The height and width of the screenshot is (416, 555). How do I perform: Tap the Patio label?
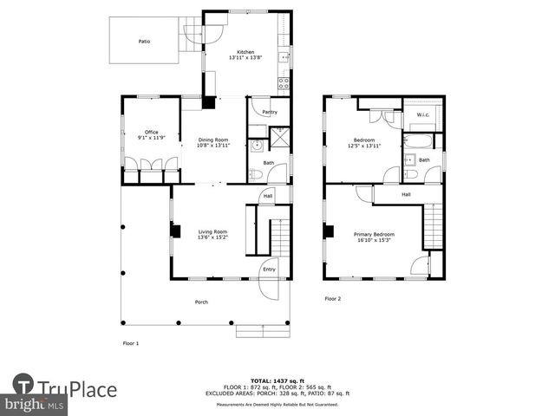[x=144, y=41]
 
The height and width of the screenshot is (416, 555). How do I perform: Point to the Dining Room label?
[x=213, y=143]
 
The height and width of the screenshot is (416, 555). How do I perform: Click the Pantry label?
[x=270, y=112]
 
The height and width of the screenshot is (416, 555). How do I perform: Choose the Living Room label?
[x=212, y=234]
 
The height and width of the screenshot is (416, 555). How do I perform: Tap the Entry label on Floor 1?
[x=269, y=269]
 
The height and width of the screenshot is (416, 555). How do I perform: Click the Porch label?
[x=201, y=302]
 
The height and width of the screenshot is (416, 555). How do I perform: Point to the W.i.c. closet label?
[x=423, y=114]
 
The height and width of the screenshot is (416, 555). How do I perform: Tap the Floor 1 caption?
[x=130, y=343]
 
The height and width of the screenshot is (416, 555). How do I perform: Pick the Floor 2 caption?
[x=333, y=298]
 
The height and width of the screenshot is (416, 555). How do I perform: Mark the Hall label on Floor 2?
[x=406, y=195]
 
